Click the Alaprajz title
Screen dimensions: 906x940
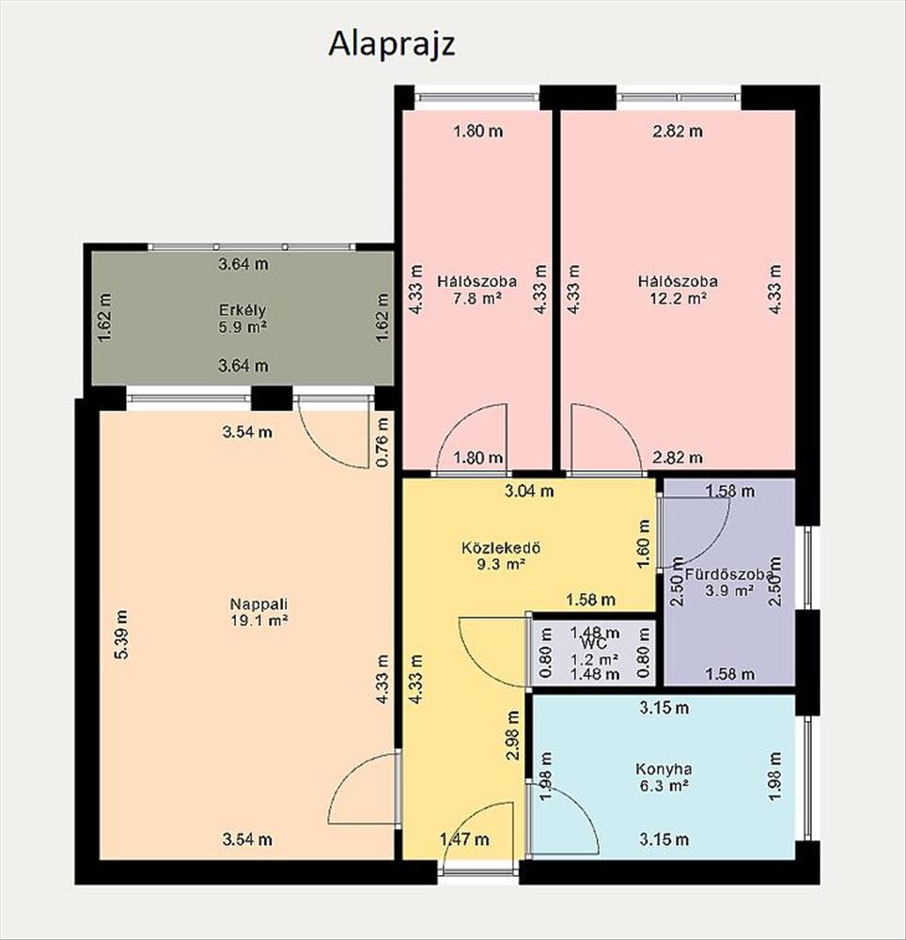(x=392, y=44)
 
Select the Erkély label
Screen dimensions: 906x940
(x=242, y=310)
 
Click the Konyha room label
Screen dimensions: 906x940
(x=664, y=769)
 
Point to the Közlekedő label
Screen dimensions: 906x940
(x=502, y=547)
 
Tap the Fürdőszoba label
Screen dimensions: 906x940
(x=728, y=574)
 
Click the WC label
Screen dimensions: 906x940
(x=594, y=645)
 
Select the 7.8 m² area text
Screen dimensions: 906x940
(x=477, y=298)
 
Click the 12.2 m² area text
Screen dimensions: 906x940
(x=678, y=298)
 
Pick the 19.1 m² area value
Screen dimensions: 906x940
(x=259, y=619)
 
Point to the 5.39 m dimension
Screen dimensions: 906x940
(x=121, y=634)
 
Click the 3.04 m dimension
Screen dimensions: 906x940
(x=529, y=492)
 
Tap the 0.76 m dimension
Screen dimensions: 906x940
(x=383, y=442)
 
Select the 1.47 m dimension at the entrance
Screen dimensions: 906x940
(x=464, y=839)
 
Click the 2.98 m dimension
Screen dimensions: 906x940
(x=513, y=736)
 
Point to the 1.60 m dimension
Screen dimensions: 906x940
(x=644, y=544)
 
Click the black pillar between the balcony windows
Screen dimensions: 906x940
(x=272, y=398)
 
